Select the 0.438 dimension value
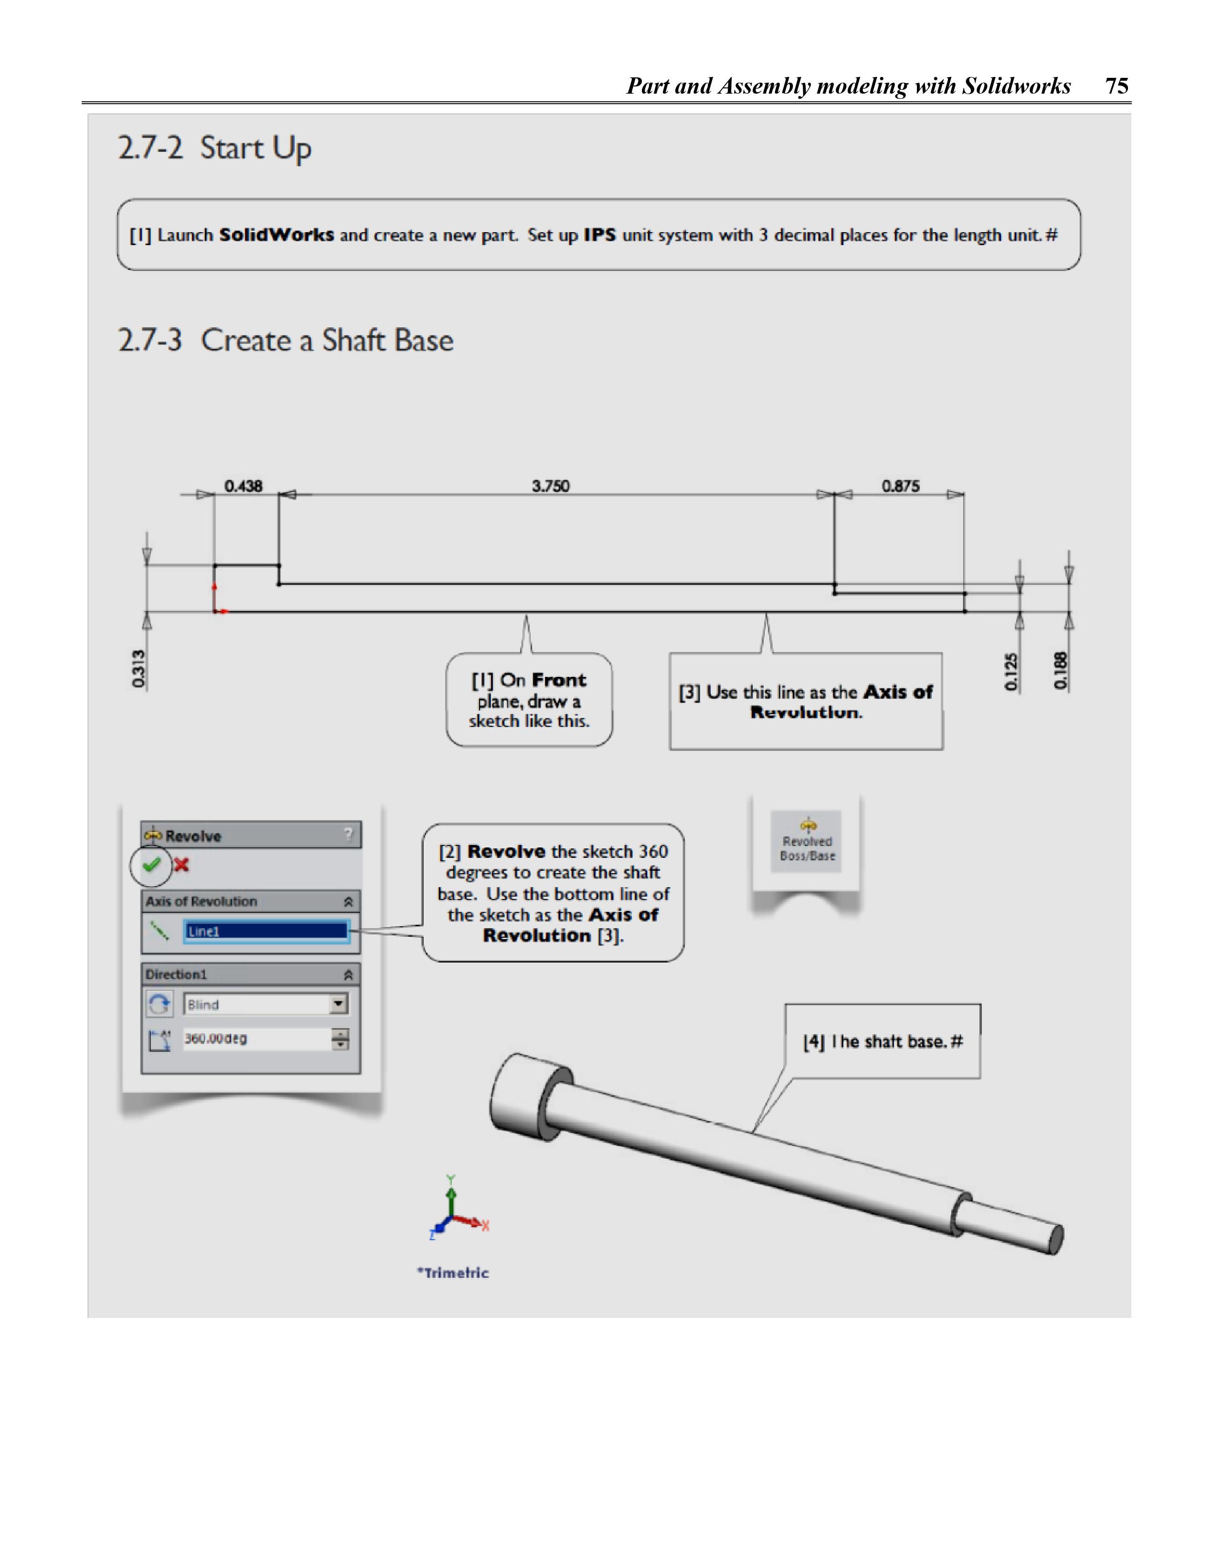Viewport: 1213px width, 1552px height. pos(243,486)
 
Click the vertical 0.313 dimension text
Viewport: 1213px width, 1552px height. pos(138,669)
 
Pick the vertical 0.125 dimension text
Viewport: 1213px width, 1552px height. pos(1011,672)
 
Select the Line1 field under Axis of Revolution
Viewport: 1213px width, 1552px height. pos(266,931)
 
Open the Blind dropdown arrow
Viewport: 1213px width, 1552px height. pos(339,1004)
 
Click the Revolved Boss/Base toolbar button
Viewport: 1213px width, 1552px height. pos(807,842)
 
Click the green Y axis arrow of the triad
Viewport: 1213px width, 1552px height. pos(450,1194)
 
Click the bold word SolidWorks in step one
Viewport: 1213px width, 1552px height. pos(277,235)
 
